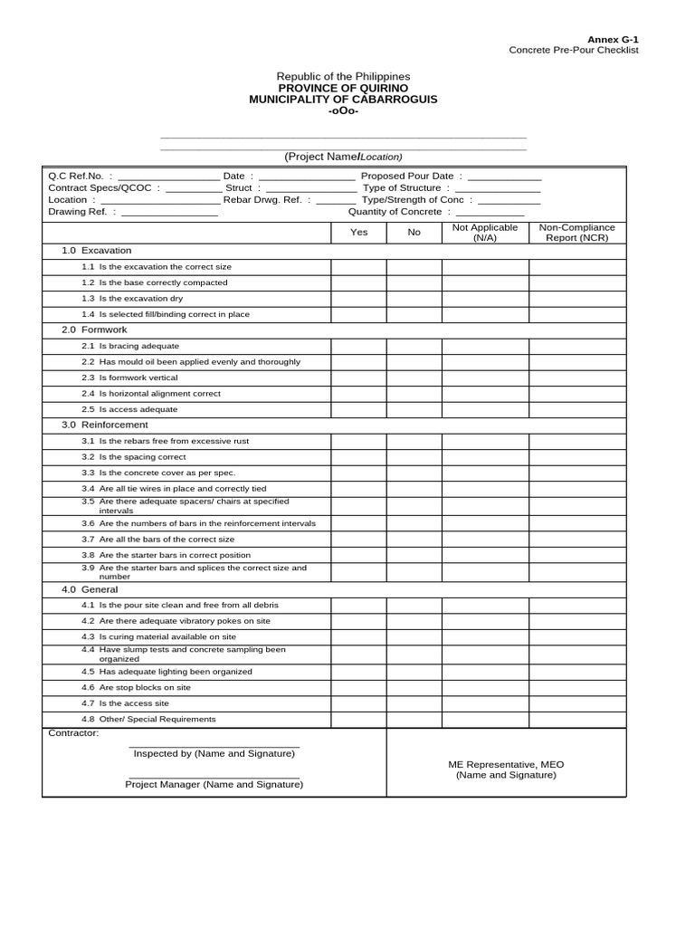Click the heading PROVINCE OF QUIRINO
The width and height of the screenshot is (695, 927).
(x=343, y=88)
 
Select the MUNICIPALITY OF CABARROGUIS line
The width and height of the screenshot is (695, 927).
(x=343, y=99)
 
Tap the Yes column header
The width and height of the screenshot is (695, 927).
(x=358, y=233)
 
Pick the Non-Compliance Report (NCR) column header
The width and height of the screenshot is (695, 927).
(x=576, y=233)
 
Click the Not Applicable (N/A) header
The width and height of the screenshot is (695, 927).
(x=485, y=233)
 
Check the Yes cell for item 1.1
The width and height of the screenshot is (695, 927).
(x=358, y=267)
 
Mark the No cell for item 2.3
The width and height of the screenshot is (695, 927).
(x=414, y=377)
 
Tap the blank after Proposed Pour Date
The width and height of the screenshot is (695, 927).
(x=504, y=177)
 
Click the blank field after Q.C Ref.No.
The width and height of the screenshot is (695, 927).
(x=168, y=177)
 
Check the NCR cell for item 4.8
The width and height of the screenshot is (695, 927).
(x=576, y=719)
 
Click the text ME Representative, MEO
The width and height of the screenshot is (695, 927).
(x=506, y=764)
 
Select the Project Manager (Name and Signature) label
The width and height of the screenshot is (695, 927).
(x=214, y=784)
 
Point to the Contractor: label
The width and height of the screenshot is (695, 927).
(x=73, y=732)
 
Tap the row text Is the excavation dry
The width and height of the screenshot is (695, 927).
(x=140, y=298)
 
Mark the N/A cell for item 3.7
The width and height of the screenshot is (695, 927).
(x=485, y=539)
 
